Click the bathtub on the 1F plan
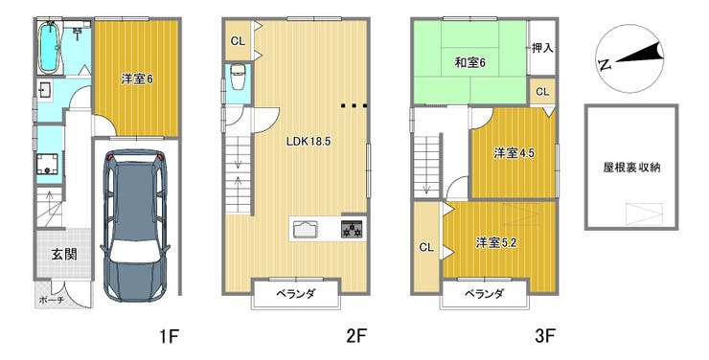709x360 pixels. tap(49, 48)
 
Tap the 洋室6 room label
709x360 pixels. tap(137, 79)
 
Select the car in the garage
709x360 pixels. tap(135, 225)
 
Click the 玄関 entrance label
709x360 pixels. tap(64, 255)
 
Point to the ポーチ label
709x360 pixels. tap(52, 300)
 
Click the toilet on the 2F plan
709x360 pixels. tap(238, 77)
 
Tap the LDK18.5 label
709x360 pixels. tap(309, 142)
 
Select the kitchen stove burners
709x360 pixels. tap(352, 229)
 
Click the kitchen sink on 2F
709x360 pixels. tap(307, 229)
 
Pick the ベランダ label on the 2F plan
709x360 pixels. tap(296, 294)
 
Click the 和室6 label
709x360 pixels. tap(469, 63)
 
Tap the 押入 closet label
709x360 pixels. tap(542, 48)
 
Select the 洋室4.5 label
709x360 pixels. tap(514, 153)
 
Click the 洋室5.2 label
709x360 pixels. tap(496, 243)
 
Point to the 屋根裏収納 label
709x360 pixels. tap(631, 168)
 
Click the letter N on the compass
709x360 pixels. tap(605, 65)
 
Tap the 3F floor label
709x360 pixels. tap(545, 336)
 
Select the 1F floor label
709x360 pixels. tap(170, 336)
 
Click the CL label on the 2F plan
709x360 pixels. tap(238, 41)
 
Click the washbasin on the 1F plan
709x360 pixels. tap(45, 91)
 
